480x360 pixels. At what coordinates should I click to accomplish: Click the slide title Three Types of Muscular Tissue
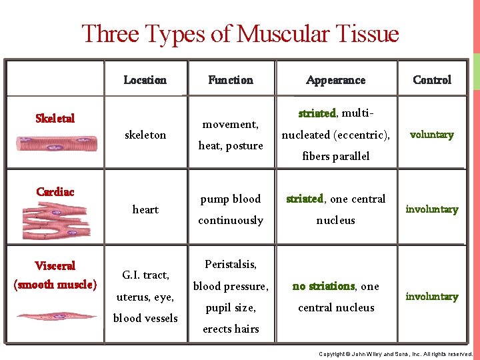[240, 33]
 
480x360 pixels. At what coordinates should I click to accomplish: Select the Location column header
[145, 80]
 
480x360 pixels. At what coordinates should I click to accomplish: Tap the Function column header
[231, 80]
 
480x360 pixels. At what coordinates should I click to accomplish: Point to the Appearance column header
[335, 80]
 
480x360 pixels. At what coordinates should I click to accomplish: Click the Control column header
[432, 80]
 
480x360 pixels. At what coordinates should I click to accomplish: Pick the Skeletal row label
[55, 119]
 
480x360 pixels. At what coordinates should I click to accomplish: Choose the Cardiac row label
[55, 192]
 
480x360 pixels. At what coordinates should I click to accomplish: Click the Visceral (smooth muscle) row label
[55, 275]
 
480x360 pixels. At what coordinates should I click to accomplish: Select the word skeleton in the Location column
[145, 135]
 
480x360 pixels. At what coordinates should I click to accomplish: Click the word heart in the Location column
[145, 209]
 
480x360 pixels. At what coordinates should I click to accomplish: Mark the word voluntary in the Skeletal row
[431, 135]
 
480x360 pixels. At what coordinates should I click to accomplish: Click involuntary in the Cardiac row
[432, 209]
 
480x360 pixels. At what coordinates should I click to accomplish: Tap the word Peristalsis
[231, 264]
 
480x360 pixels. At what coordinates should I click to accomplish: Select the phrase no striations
[323, 286]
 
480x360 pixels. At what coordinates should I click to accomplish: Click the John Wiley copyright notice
[395, 353]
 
